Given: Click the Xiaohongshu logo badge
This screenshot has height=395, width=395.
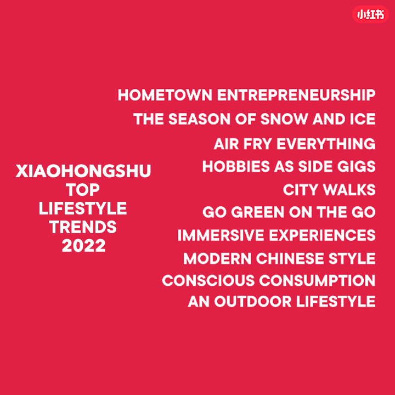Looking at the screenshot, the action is point(370,14).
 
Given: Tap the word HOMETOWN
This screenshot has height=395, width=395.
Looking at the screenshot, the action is point(165,95).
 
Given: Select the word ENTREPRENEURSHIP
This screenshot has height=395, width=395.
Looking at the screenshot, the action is point(296,95).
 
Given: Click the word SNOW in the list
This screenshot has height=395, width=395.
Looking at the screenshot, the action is point(284,119).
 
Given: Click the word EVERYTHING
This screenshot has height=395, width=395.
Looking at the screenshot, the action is point(326,144).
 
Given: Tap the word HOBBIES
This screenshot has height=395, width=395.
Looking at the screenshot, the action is point(236,167).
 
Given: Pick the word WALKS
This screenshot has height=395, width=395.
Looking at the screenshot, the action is point(349,190).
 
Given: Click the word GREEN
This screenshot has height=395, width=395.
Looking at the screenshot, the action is point(258,212).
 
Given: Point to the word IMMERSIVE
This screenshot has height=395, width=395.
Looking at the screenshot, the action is point(221,235).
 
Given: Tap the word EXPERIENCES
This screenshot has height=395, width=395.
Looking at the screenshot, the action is point(322,235).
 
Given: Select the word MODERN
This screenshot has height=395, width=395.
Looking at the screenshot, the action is point(217,258).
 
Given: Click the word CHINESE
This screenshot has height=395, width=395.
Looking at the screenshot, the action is point(290,258).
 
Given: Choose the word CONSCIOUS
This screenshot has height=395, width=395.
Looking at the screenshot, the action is point(208,280).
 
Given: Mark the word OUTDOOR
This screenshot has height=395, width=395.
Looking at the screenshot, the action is point(253,302).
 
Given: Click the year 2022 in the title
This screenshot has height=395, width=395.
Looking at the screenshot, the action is point(83,246).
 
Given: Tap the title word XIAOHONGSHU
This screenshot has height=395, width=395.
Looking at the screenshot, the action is point(83,171).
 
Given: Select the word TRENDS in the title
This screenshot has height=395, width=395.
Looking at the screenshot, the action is point(83,227).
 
